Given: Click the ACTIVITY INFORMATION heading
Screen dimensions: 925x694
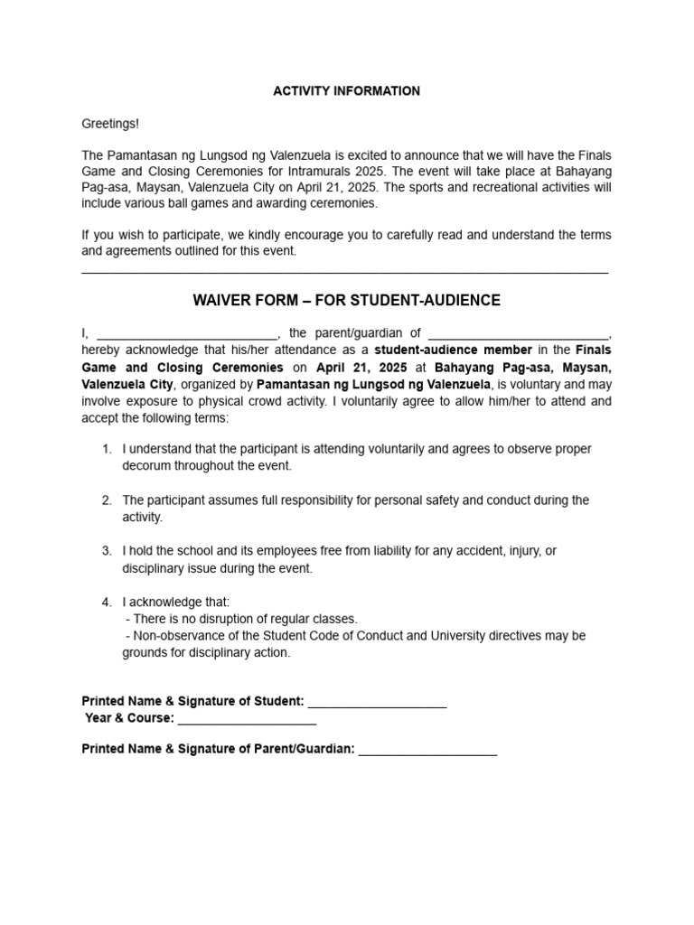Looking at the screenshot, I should coord(347,91).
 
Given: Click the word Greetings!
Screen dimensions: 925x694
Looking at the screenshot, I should coord(110,124).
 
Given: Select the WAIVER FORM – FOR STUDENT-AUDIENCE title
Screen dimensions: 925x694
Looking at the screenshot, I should coord(347,300).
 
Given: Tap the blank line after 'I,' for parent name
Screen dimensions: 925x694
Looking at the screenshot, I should coord(186,333).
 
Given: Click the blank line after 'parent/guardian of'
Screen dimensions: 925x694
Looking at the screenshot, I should coord(519,333).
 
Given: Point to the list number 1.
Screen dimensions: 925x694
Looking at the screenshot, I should coord(107,449).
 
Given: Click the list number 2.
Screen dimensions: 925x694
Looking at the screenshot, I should coord(107,500).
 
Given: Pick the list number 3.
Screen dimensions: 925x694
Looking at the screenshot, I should coord(107,550).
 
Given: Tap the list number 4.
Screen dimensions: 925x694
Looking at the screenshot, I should coord(107,602).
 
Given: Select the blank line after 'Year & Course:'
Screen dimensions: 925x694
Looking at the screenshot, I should coord(247,720).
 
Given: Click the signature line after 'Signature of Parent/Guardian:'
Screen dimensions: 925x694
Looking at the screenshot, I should coord(427,749).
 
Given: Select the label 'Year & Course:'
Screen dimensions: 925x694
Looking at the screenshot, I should coord(129,720).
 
